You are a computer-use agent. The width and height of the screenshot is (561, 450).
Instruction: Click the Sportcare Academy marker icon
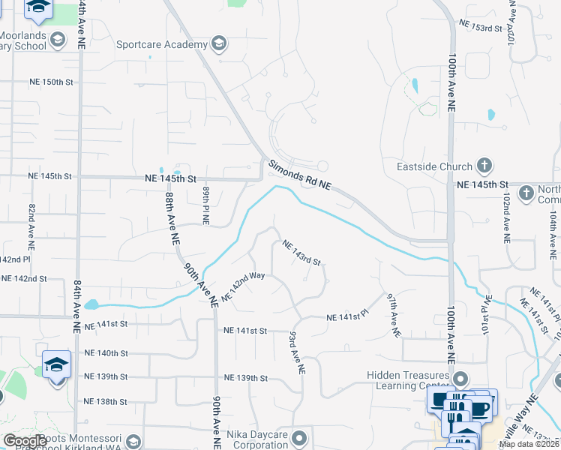click(219, 43)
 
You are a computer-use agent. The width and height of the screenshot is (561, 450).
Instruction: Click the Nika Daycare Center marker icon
click(300, 437)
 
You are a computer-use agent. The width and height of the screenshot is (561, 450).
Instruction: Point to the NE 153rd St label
click(480, 27)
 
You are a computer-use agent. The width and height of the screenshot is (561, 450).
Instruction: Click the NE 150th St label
click(51, 82)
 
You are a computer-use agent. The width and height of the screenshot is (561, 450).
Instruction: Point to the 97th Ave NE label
click(391, 315)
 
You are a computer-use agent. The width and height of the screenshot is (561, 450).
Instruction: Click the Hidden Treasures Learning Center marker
click(460, 378)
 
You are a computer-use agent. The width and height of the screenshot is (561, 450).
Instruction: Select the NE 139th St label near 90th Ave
click(244, 377)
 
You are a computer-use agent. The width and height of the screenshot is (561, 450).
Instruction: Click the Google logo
click(25, 441)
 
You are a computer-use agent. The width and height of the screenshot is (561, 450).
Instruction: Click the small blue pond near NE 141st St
click(91, 304)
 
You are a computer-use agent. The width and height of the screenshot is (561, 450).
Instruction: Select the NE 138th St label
click(105, 401)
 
